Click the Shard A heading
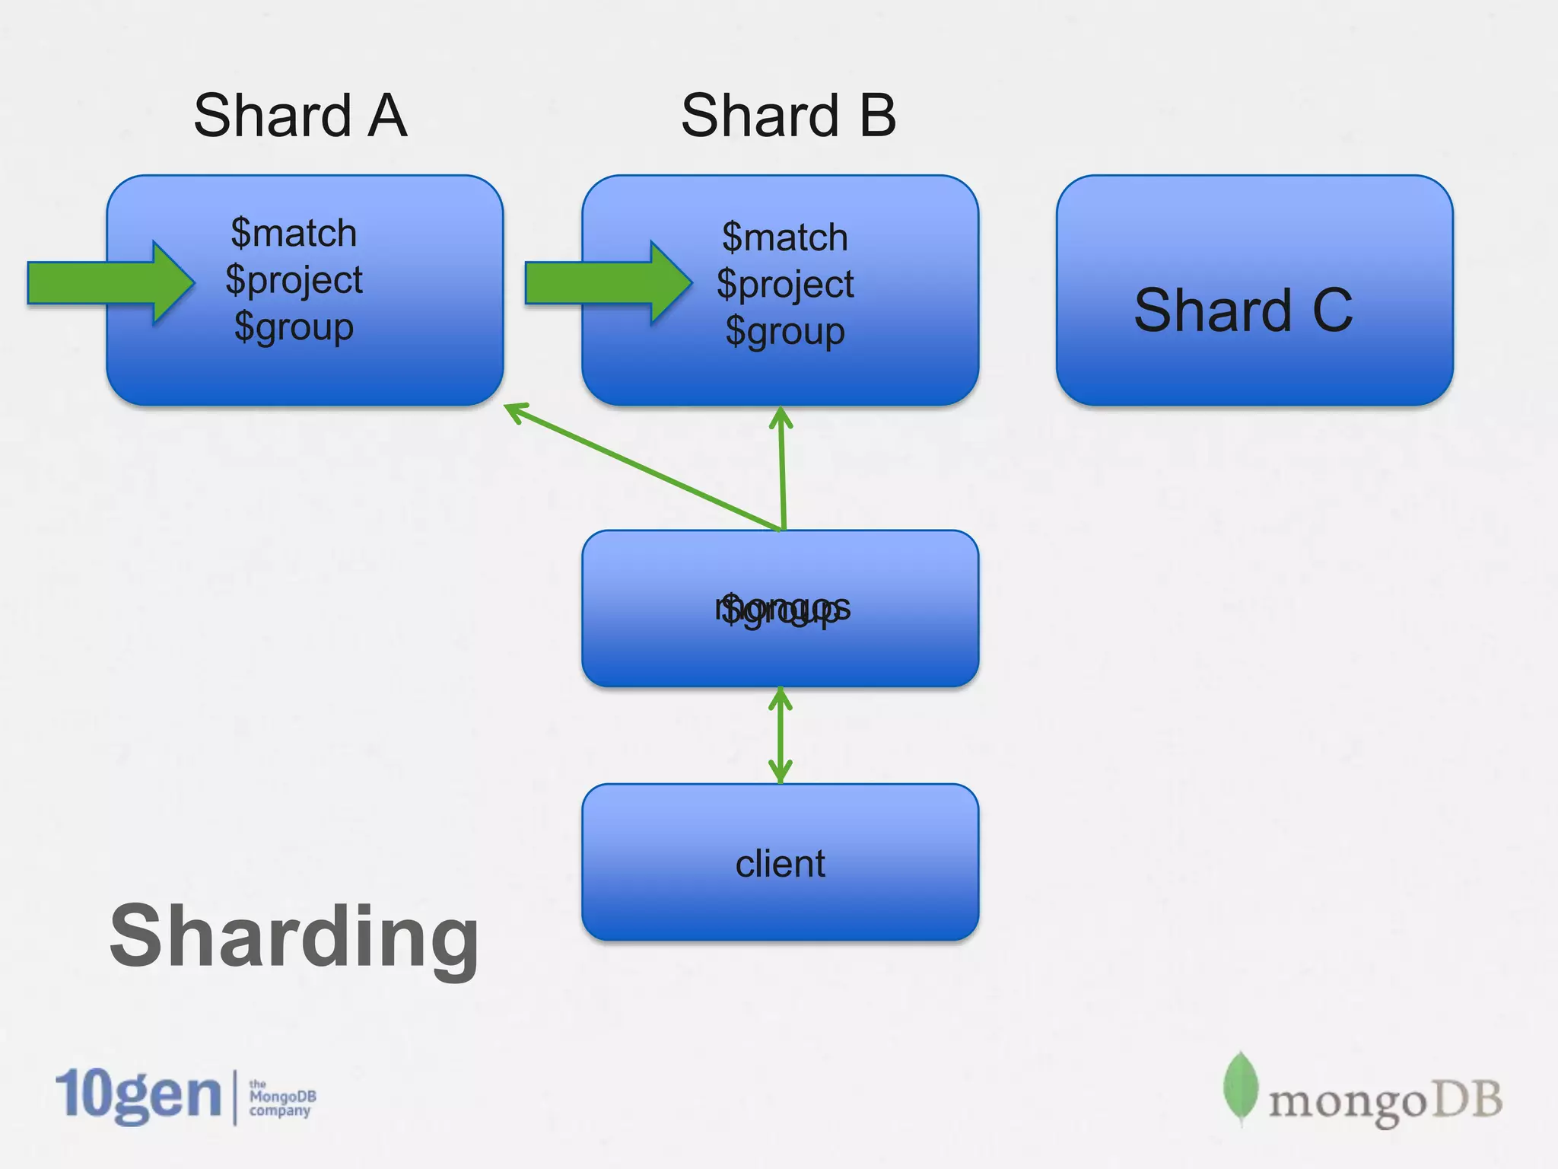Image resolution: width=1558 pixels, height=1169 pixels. tap(300, 116)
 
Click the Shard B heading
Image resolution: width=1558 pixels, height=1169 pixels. tap(788, 116)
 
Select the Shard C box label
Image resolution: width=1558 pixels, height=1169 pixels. tap(1243, 311)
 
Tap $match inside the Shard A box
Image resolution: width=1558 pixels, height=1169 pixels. tap(294, 233)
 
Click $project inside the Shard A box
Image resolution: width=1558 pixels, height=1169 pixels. tap(294, 280)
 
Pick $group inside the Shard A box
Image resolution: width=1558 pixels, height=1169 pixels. tap(294, 327)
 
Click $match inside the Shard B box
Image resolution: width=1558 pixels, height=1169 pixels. tap(784, 237)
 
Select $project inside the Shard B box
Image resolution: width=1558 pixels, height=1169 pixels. tap(784, 285)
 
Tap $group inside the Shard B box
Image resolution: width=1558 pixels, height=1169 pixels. tap(784, 332)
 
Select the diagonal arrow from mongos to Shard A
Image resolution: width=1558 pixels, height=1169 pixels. tap(643, 466)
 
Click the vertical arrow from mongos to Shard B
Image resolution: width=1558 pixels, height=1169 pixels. tap(782, 468)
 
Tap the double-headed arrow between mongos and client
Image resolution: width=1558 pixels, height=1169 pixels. tap(781, 735)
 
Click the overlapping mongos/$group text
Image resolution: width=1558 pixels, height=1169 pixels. tap(782, 609)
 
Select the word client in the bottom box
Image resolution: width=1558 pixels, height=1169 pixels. tap(781, 864)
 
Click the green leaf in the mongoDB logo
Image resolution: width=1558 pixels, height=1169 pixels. tap(1240, 1087)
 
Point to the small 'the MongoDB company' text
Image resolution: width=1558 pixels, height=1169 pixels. tap(282, 1097)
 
